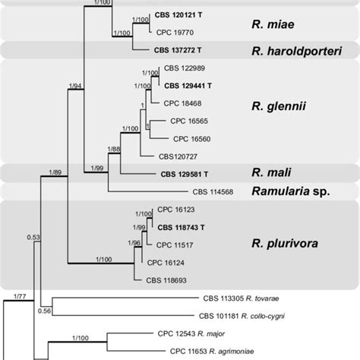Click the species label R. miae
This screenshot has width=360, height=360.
pyautogui.click(x=273, y=27)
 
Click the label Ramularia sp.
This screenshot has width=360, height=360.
pyautogui.click(x=292, y=191)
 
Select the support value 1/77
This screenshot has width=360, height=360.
pyautogui.click(x=21, y=291)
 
